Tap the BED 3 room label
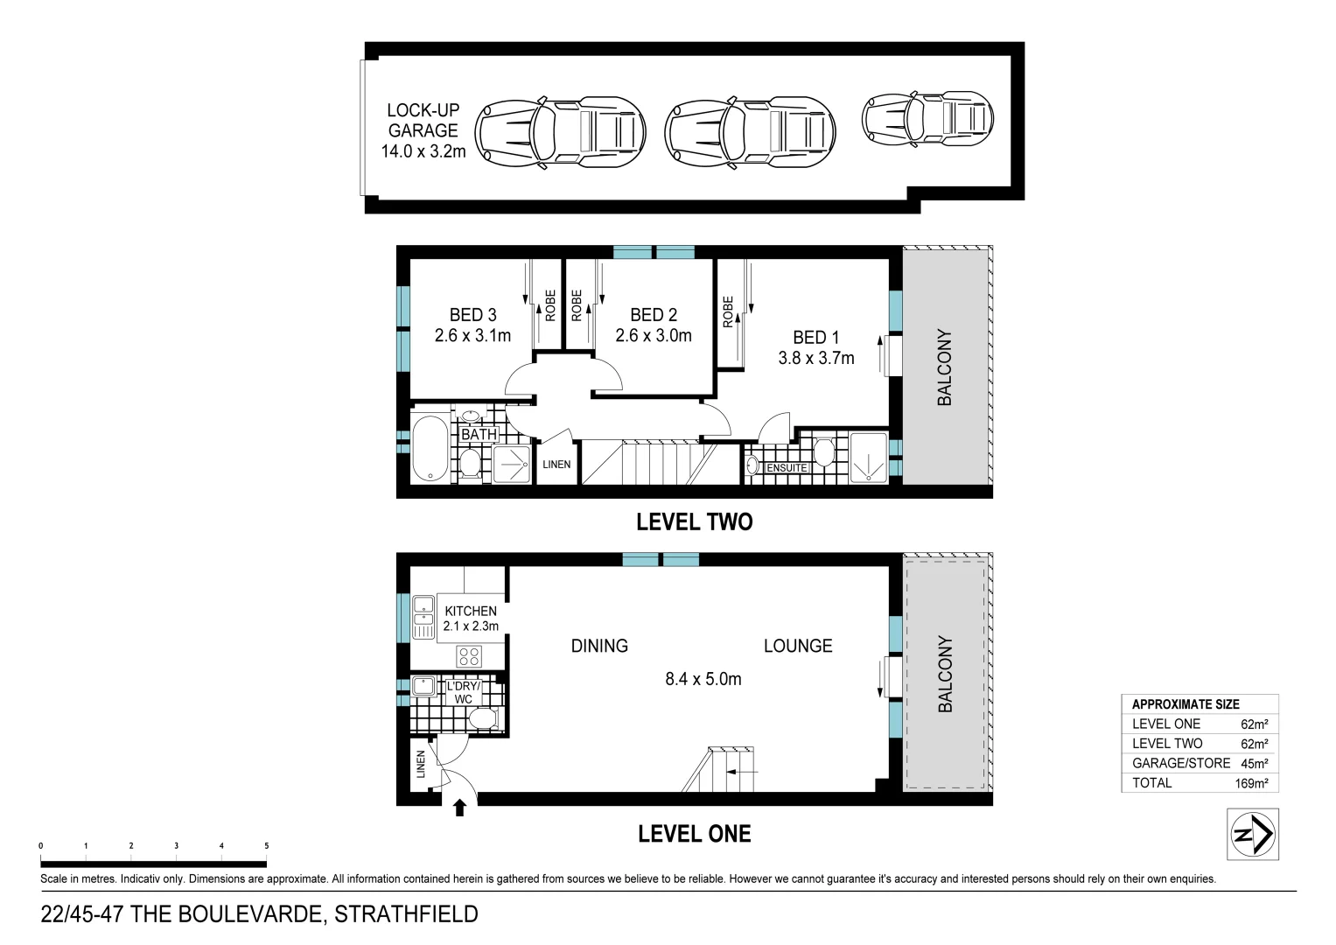coord(472,315)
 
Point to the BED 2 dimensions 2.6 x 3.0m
coord(653,336)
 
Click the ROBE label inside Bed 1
coord(728,312)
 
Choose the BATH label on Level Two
coord(479,434)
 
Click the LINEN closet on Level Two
coord(556,464)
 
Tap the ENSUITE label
coord(787,468)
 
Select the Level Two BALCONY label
coord(945,367)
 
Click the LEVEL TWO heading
coord(694,522)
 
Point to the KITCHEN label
coord(471,611)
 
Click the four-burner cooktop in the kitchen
coord(469,655)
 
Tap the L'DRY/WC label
coord(464,692)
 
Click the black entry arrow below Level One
coord(461,806)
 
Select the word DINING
coord(599,646)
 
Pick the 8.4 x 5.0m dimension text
coord(703,679)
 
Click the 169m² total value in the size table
coord(1250,783)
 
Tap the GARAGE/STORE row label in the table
coord(1180,763)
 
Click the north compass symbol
coord(1253,832)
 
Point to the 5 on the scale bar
coord(266,846)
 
